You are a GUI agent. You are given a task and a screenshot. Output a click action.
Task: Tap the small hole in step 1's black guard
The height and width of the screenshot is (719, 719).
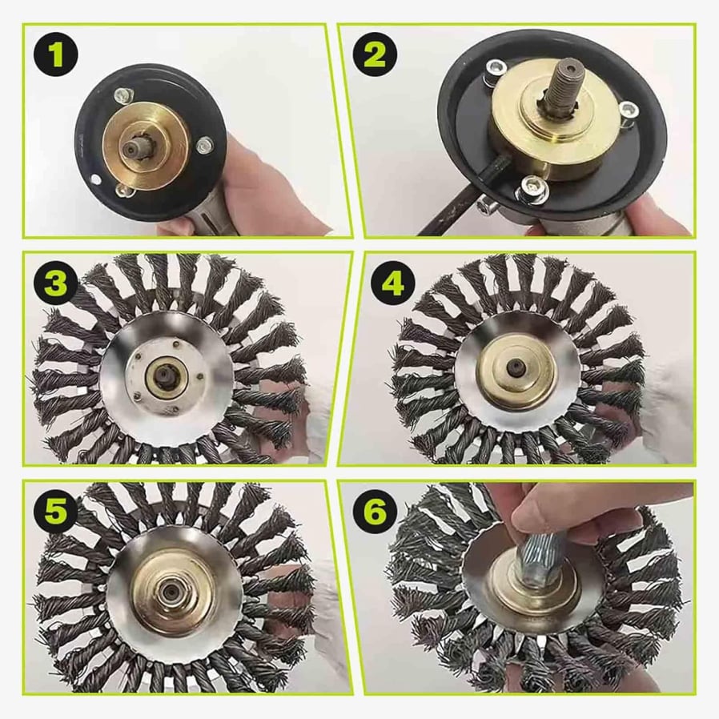pos(95,178)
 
